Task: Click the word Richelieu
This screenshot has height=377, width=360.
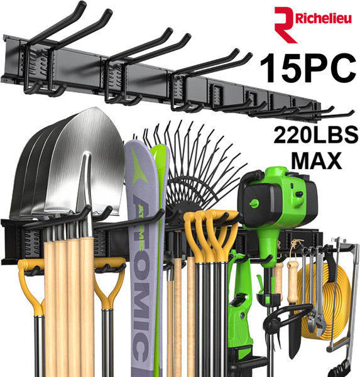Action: [x=324, y=18]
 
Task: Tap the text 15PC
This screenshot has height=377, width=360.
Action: [x=308, y=68]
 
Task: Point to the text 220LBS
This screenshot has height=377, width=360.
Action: [x=316, y=135]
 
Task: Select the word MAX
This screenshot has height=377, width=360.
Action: [x=317, y=160]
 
